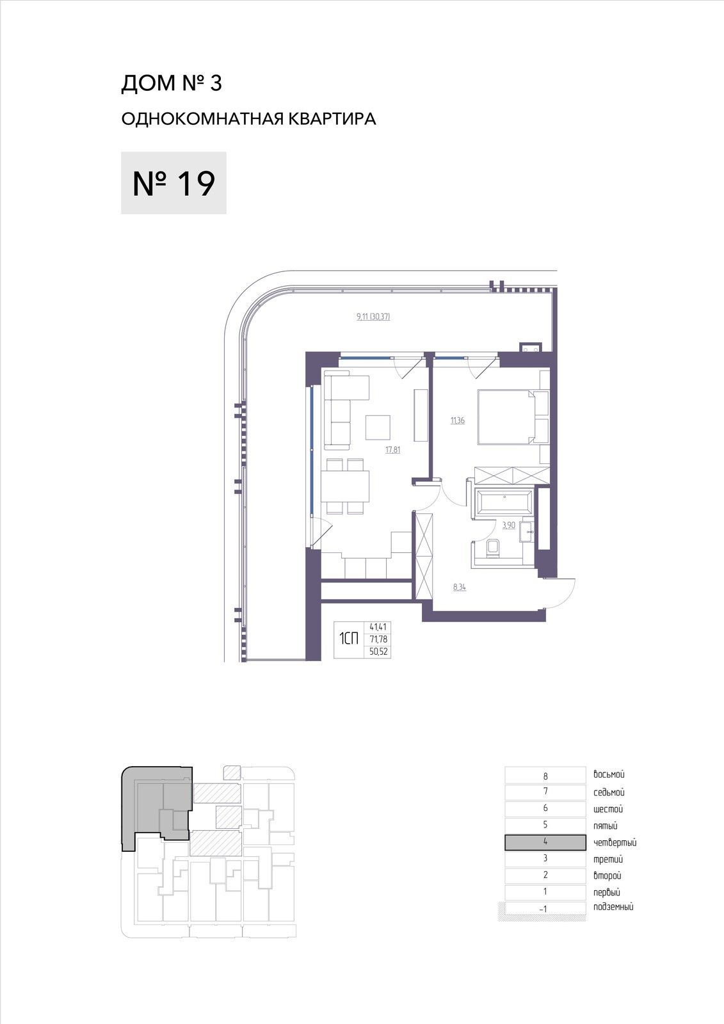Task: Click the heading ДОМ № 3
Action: click(x=172, y=83)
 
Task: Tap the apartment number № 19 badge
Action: click(x=173, y=183)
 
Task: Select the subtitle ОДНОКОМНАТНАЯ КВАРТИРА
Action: click(x=249, y=119)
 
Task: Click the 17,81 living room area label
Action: click(x=393, y=450)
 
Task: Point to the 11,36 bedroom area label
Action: click(x=457, y=420)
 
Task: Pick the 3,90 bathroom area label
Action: click(x=508, y=525)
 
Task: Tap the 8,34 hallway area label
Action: click(x=460, y=587)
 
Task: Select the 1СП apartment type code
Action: click(x=348, y=639)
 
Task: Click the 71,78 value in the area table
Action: click(x=378, y=639)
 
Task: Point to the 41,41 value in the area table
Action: click(x=378, y=627)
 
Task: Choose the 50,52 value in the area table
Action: click(x=378, y=652)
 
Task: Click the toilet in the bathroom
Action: click(x=493, y=548)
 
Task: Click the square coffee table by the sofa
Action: click(x=378, y=428)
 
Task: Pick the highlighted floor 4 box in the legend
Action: click(x=545, y=842)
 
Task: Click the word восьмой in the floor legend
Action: click(x=609, y=774)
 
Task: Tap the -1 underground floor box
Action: click(x=543, y=909)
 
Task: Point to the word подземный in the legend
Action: click(x=613, y=908)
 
